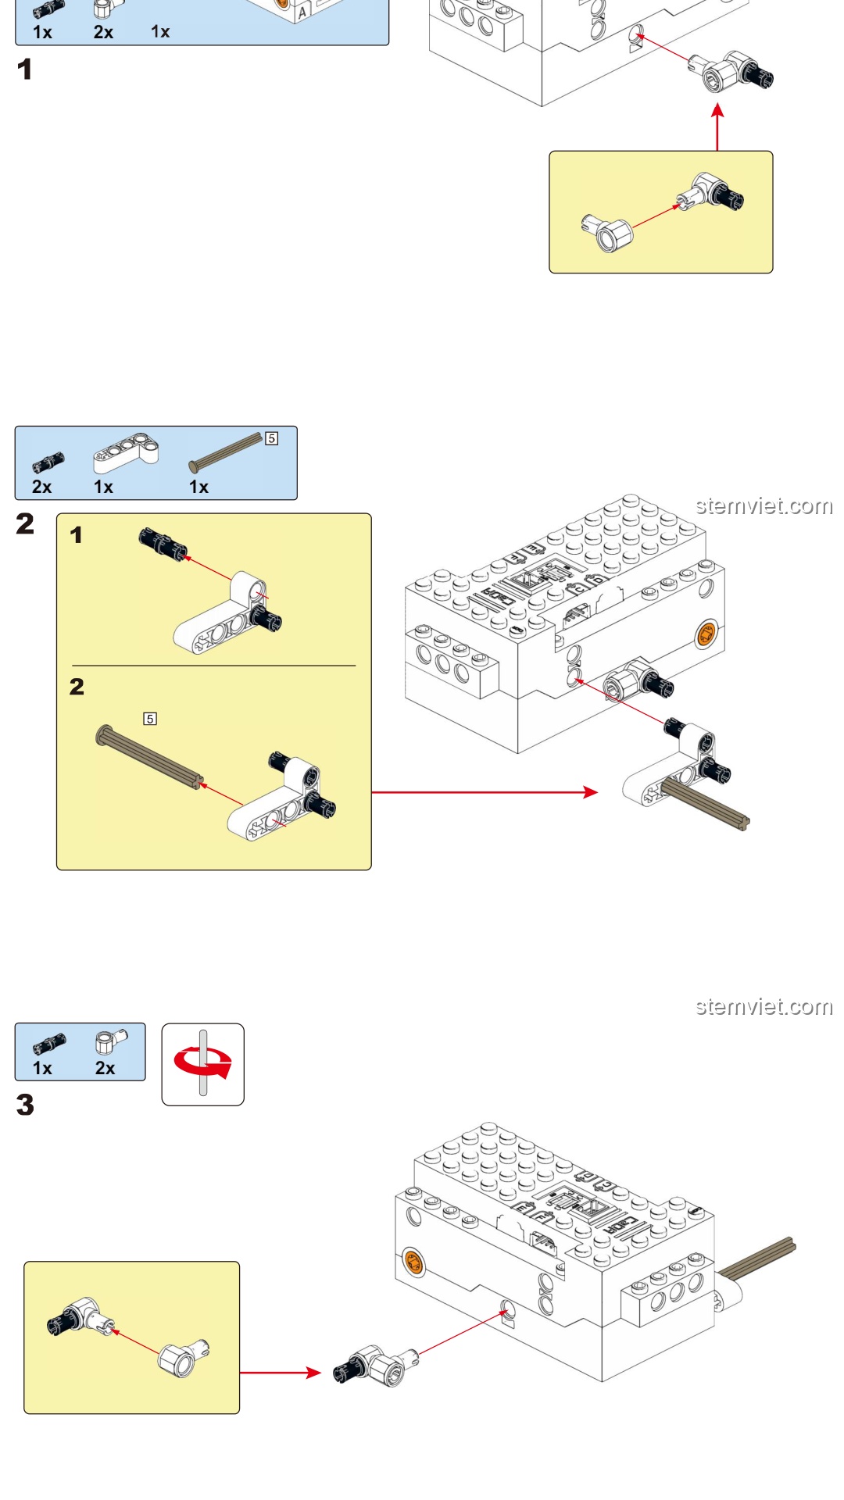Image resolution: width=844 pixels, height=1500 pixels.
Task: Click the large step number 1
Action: point(25,70)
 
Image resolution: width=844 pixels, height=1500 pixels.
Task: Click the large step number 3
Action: point(25,1105)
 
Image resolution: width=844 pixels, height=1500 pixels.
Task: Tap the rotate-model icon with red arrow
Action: point(203,1064)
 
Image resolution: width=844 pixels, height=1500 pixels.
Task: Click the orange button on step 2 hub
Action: point(706,634)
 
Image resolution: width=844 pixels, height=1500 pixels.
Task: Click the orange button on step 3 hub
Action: point(413,1261)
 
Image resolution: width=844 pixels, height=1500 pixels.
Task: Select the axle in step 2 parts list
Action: point(227,452)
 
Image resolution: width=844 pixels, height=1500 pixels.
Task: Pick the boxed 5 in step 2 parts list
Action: point(271,438)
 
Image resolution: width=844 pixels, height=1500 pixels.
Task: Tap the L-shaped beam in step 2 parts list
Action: point(125,453)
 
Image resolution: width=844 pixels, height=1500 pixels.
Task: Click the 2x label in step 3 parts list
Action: point(105,1068)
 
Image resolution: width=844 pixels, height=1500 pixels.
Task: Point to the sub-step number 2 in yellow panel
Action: point(77,687)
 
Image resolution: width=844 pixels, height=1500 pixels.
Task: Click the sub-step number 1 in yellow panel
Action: point(76,535)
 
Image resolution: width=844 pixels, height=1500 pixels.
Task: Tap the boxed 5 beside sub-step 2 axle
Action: point(150,718)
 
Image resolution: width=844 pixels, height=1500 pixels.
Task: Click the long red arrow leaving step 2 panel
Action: point(485,792)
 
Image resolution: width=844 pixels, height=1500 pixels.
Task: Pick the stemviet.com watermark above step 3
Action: point(764,1006)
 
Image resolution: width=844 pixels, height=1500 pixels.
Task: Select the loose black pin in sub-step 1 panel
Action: point(162,543)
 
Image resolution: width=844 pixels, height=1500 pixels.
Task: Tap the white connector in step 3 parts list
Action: point(109,1042)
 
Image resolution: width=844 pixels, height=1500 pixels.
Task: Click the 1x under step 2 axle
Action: point(198,487)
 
